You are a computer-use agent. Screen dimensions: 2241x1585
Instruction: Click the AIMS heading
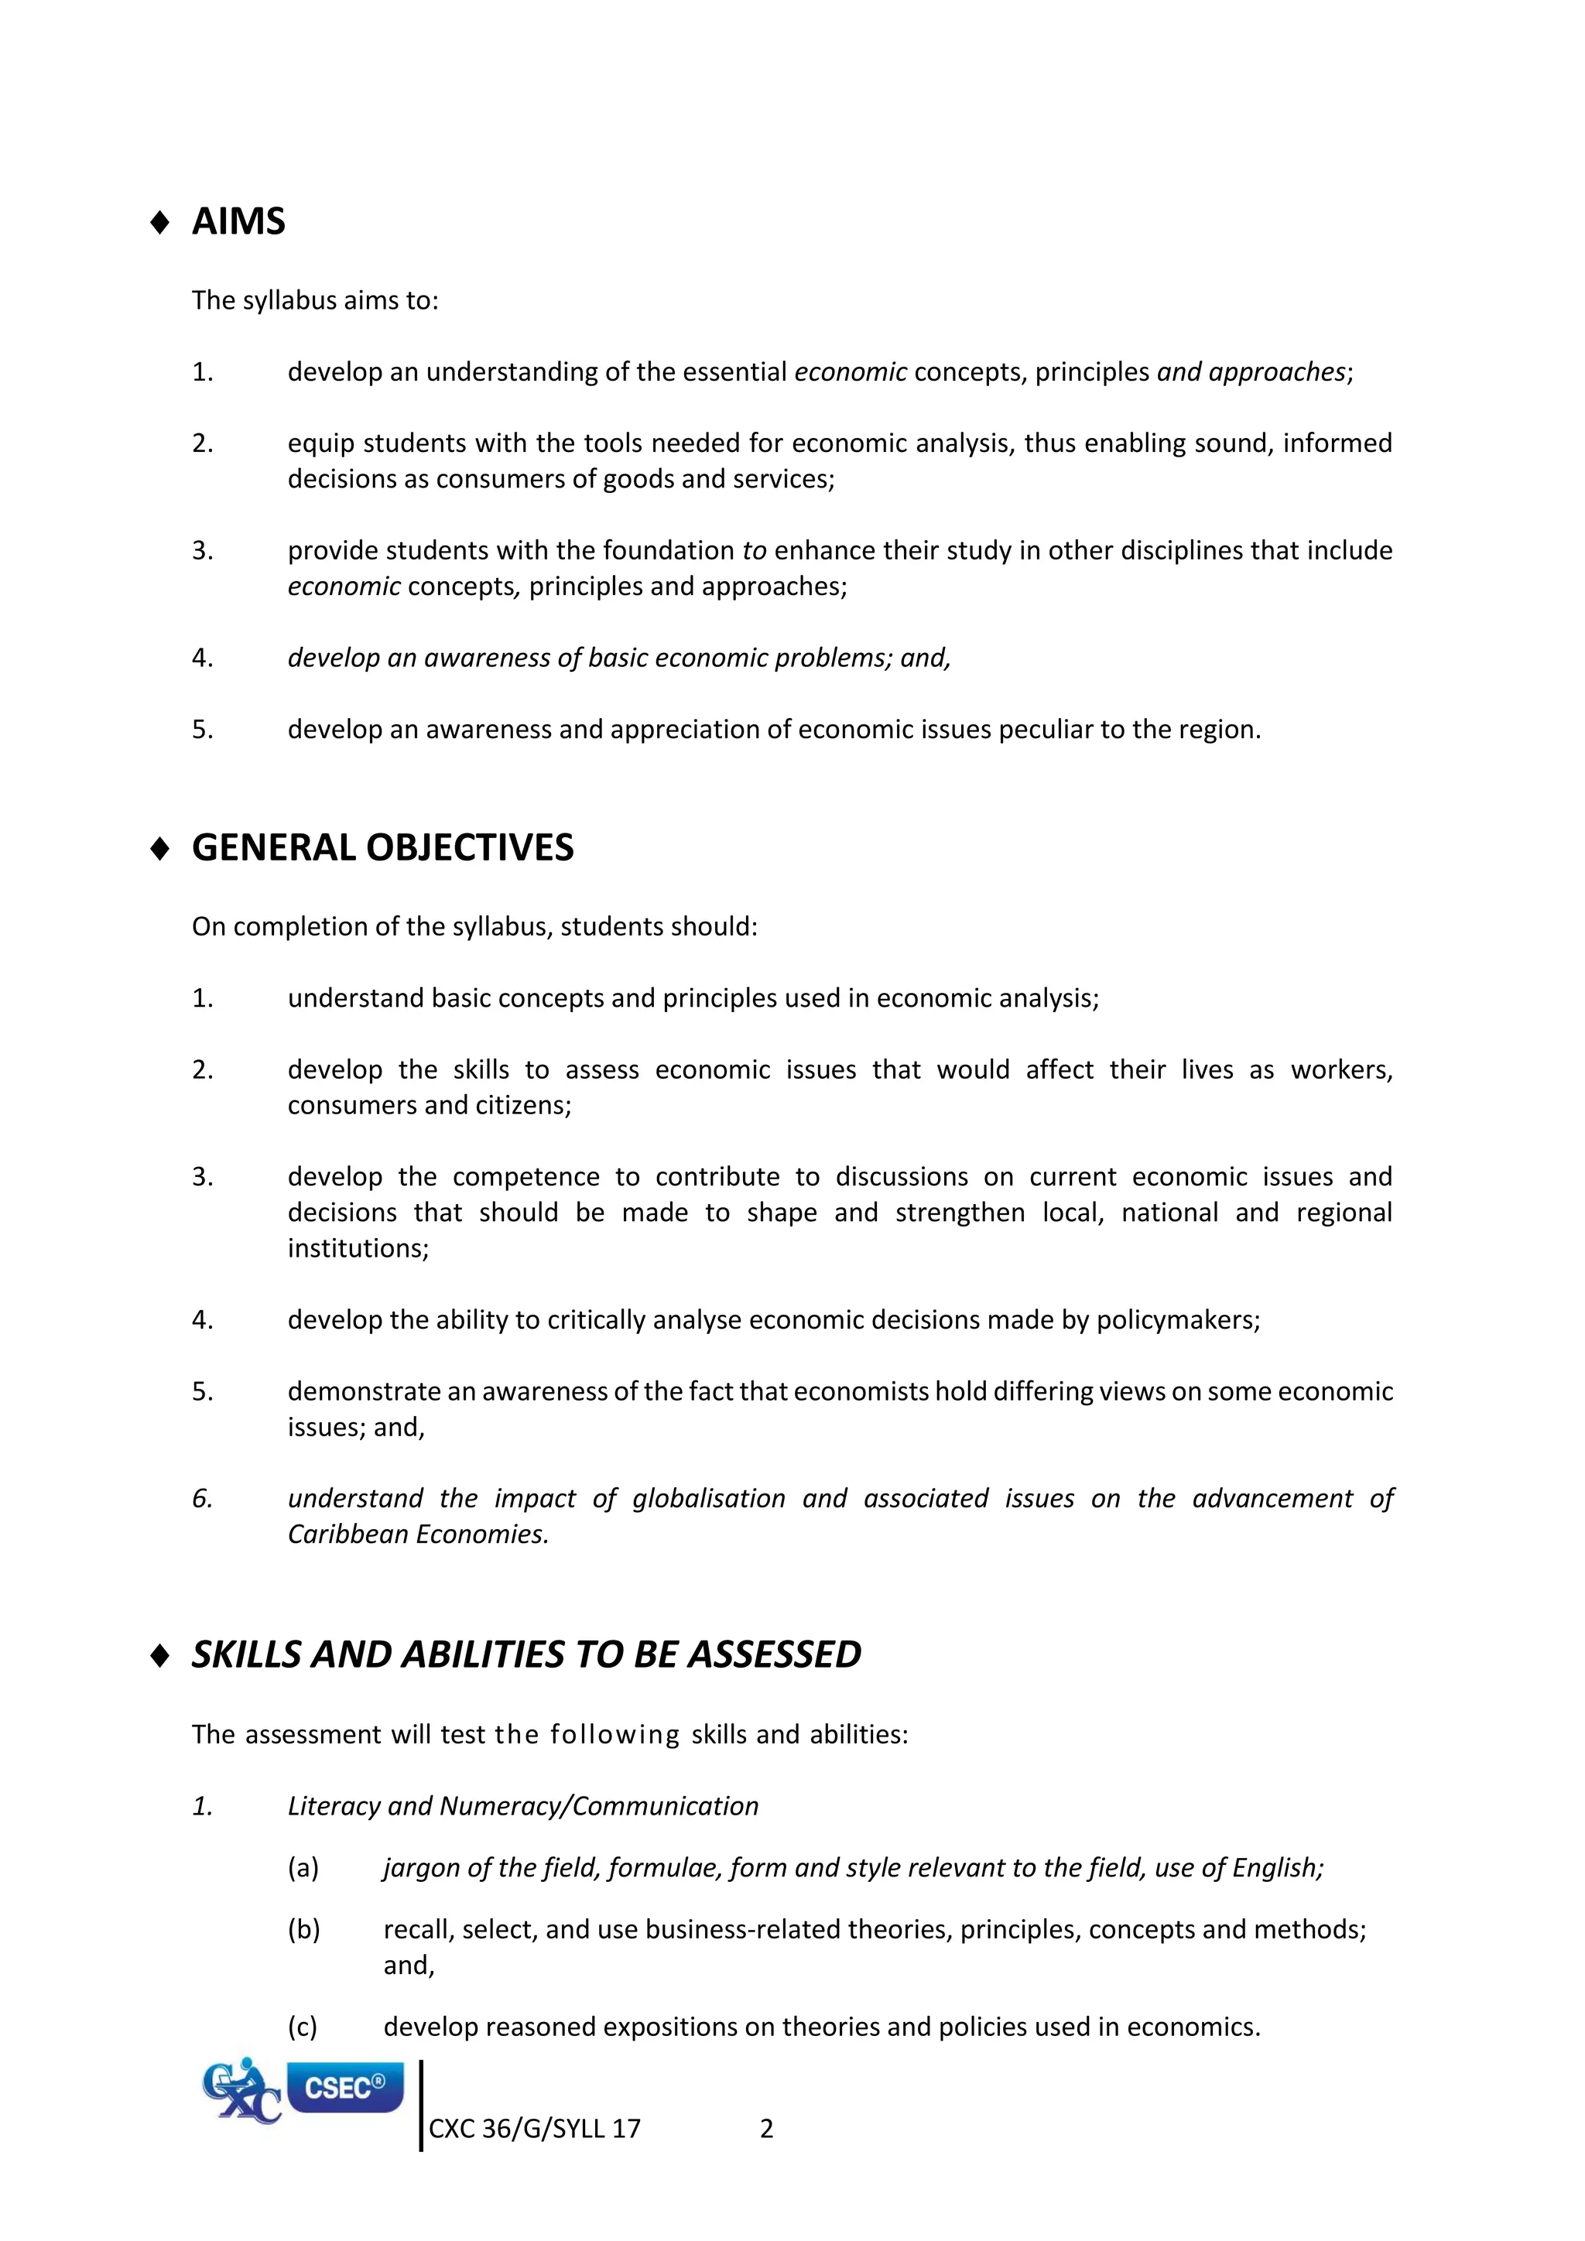(x=238, y=221)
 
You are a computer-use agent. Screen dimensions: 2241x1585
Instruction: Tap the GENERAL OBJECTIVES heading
(x=382, y=847)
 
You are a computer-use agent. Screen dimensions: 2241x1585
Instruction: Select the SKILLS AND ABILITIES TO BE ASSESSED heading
(x=526, y=1654)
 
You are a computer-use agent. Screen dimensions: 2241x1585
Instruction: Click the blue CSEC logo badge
(x=344, y=2088)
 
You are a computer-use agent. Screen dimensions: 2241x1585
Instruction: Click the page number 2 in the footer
(x=766, y=2129)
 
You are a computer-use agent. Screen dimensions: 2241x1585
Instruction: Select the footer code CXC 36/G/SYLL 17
(x=535, y=2129)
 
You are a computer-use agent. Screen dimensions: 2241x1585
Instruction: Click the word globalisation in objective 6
(x=709, y=1498)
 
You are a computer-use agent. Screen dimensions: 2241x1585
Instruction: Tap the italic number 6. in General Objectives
(x=202, y=1498)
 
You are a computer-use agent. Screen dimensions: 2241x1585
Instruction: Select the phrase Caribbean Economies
(x=418, y=1534)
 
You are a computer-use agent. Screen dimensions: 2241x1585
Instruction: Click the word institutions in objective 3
(x=358, y=1248)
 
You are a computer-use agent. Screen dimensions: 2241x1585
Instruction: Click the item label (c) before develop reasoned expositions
(x=303, y=2027)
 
